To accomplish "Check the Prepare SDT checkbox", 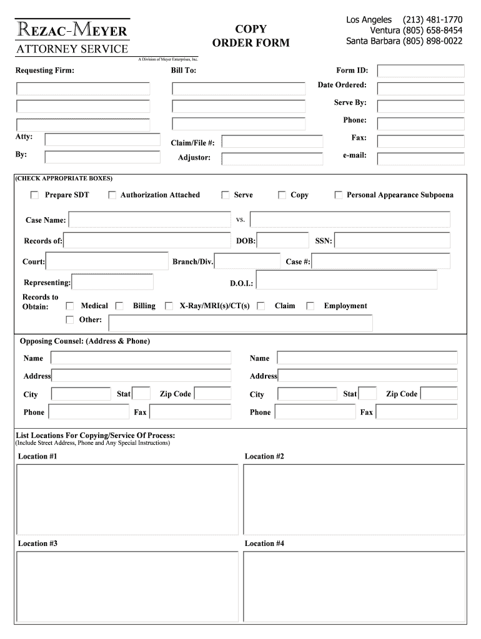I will [34, 195].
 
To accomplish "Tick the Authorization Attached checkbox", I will [112, 195].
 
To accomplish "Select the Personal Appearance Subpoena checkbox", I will [339, 195].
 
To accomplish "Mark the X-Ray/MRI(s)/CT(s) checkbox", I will [169, 306].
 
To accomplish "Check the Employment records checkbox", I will [310, 306].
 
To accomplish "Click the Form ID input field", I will [420, 71].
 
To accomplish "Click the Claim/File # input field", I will [272, 142].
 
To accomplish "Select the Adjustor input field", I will [272, 159].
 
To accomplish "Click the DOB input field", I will [282, 240].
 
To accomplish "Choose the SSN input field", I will [392, 240].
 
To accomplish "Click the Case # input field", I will [381, 261].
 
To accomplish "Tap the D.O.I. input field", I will [346, 280].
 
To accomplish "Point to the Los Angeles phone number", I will [432, 20].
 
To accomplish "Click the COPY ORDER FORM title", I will [250, 36].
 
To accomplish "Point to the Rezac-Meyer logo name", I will [72, 31].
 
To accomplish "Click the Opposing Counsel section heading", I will [84, 341].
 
